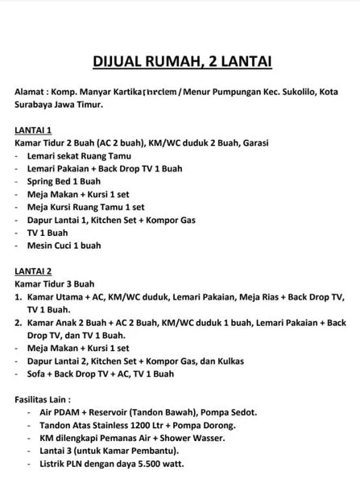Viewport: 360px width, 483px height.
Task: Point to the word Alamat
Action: coord(32,92)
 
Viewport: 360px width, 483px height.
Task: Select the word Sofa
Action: coord(38,374)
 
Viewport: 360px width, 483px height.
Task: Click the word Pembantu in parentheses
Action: coord(139,451)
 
